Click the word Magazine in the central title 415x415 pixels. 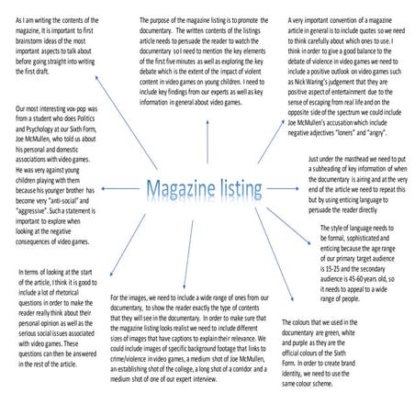point(180,191)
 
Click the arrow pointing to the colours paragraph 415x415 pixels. point(275,266)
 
